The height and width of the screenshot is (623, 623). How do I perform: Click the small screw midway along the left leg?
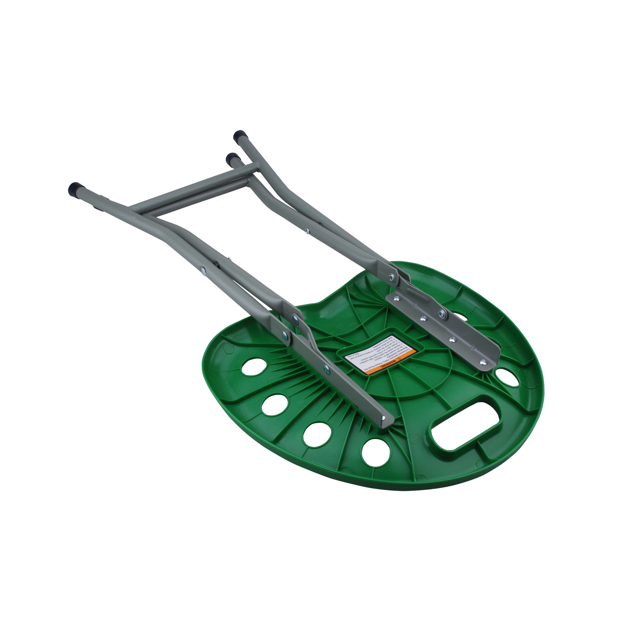pyautogui.click(x=202, y=270)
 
